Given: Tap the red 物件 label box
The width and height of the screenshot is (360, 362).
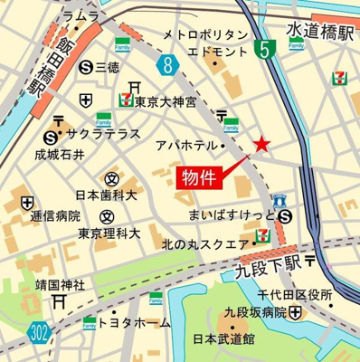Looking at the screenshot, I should [x=198, y=176].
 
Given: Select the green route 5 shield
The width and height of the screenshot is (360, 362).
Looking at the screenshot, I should [x=262, y=50].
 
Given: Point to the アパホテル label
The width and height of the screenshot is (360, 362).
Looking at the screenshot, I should [x=184, y=145].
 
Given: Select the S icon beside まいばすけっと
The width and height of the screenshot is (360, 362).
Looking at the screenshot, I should [x=285, y=215].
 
